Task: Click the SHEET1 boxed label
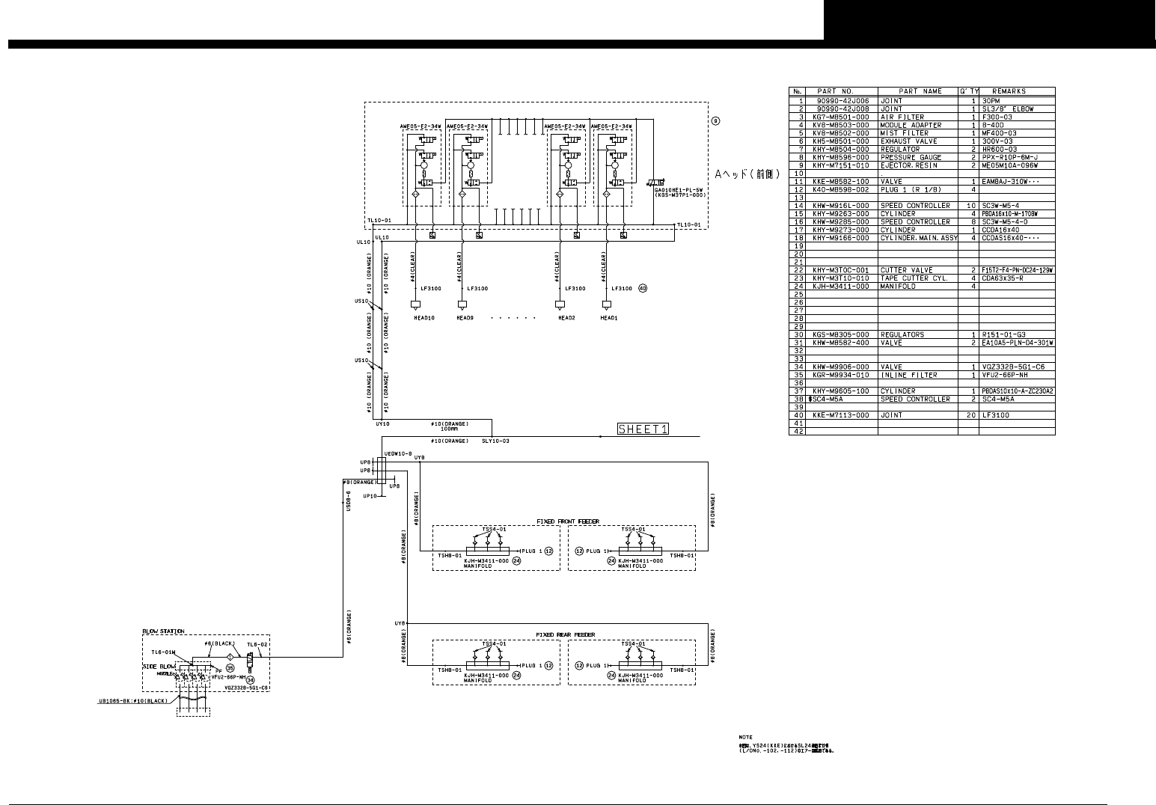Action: click(x=643, y=429)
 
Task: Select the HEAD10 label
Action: click(x=424, y=317)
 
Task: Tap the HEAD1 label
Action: click(x=609, y=317)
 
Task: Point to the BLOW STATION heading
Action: click(x=163, y=631)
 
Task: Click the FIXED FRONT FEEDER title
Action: click(x=567, y=521)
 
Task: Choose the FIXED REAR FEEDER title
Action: click(x=565, y=634)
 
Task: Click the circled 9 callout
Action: click(x=716, y=121)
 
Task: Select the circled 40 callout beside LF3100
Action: click(x=642, y=288)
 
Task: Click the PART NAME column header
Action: click(x=917, y=92)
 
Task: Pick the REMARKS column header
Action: click(x=1008, y=92)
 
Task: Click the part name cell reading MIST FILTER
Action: click(x=902, y=133)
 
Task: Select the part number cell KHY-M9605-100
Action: click(x=841, y=391)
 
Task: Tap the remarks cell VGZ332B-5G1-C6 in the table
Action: click(x=1013, y=367)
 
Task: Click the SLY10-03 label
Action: click(x=495, y=441)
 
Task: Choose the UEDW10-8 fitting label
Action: click(x=398, y=453)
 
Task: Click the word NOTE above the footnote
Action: click(x=745, y=737)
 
